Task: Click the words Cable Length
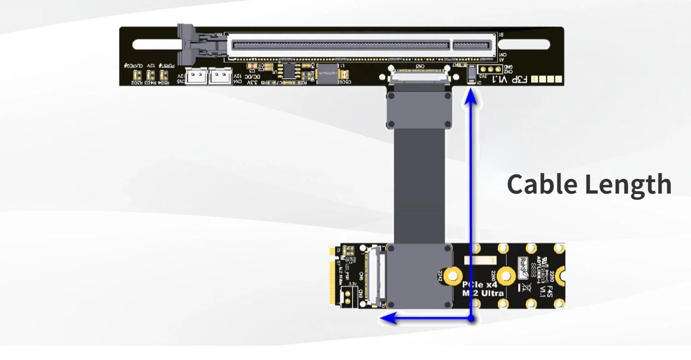coord(589,184)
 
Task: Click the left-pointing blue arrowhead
coord(386,318)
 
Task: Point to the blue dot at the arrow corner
coord(471,318)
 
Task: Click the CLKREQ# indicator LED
coord(137,75)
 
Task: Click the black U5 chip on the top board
coord(289,70)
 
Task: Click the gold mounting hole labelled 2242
coord(453,276)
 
